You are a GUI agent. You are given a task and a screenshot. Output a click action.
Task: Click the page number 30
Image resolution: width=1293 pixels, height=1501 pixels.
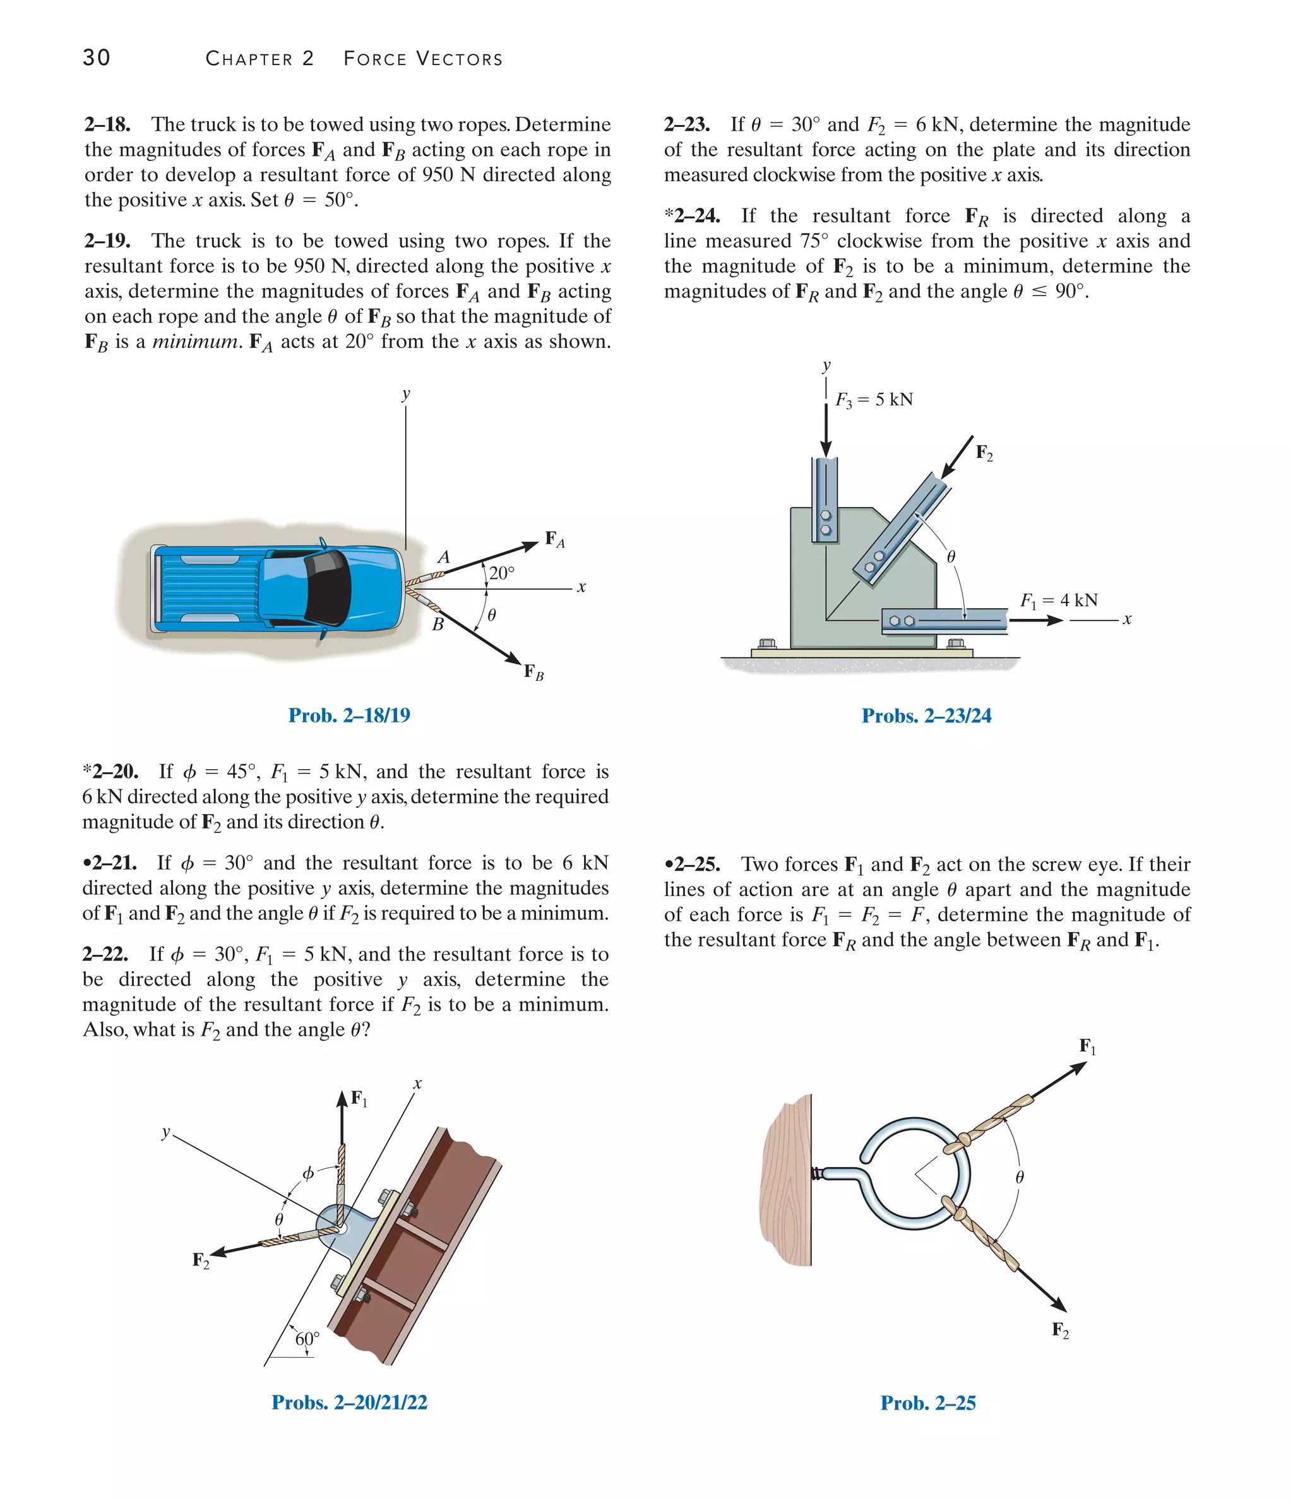97,57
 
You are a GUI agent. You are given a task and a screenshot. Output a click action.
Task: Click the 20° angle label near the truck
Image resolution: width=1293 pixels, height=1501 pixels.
501,573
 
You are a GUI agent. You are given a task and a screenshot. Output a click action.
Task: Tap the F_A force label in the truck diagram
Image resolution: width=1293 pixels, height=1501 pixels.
555,539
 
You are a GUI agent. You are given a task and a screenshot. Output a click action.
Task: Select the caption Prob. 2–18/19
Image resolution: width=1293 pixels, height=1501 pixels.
349,715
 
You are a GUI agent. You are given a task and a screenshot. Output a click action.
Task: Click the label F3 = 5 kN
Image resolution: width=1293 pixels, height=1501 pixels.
874,400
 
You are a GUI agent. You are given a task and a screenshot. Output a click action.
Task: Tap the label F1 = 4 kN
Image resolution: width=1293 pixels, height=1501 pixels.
1058,601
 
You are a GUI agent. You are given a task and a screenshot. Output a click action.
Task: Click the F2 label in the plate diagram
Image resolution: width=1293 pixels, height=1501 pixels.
984,453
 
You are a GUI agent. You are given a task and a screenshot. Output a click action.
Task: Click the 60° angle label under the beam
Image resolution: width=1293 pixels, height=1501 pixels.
306,1339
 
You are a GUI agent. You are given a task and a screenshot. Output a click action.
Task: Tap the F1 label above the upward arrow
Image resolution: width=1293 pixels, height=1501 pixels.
359,1099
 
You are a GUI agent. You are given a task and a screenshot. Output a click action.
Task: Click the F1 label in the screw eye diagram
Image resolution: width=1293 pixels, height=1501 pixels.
1087,1047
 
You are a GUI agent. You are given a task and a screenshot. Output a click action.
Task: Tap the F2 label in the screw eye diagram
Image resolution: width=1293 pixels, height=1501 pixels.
1060,1330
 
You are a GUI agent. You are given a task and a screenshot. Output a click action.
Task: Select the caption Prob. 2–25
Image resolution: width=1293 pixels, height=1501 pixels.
927,1403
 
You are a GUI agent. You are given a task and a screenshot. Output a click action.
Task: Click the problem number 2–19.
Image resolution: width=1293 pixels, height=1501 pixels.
107,241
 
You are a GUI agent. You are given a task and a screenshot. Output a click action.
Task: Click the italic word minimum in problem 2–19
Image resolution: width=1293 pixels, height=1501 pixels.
194,341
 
